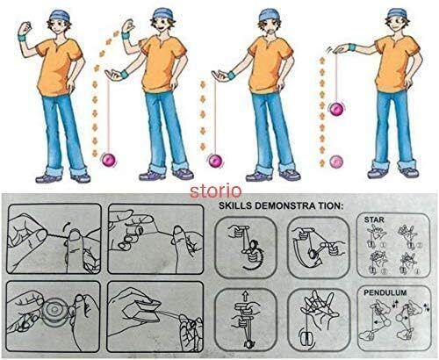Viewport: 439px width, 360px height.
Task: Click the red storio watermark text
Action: [216, 191]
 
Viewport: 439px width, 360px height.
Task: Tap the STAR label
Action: [374, 220]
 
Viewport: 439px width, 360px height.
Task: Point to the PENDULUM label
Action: [385, 292]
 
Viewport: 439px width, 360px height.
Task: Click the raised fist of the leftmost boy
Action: [25, 27]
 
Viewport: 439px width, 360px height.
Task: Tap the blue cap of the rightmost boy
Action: [398, 13]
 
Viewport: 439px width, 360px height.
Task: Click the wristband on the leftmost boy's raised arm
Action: [23, 38]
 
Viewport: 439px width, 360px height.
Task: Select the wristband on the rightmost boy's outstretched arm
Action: [352, 47]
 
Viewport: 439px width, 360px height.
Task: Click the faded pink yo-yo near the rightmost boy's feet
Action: [336, 162]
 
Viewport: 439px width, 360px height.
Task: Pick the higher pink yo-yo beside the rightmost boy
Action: [337, 109]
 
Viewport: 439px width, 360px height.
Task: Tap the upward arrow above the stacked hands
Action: [245, 297]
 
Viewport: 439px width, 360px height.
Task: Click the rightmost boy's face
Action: [396, 24]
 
